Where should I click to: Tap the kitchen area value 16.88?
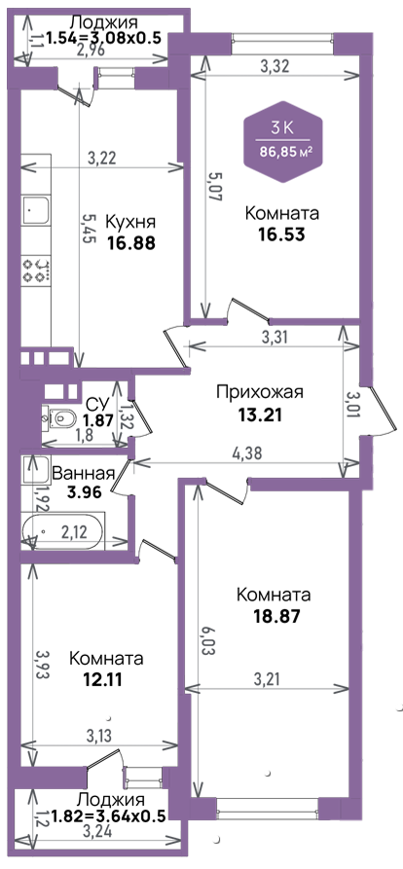pyautogui.click(x=130, y=242)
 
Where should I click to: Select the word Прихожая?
pyautogui.click(x=260, y=393)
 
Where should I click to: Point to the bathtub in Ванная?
pyautogui.click(x=62, y=531)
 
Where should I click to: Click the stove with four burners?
pyautogui.click(x=37, y=271)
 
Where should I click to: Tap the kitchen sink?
pyautogui.click(x=35, y=210)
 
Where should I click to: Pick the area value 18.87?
pyautogui.click(x=274, y=616)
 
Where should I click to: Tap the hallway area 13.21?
pyautogui.click(x=260, y=416)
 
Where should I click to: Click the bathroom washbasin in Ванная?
pyautogui.click(x=35, y=469)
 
